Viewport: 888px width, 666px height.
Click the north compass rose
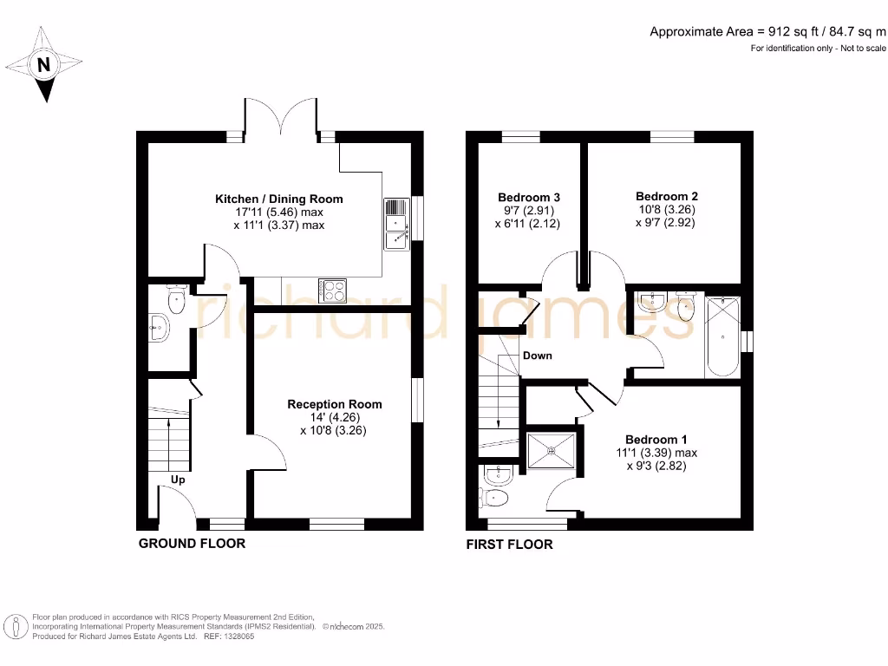(x=42, y=64)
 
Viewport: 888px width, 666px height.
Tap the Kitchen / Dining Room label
(x=278, y=199)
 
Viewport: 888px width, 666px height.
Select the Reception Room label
(x=334, y=404)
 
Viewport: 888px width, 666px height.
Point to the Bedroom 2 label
(x=666, y=196)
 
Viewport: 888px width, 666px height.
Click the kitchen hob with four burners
(x=332, y=290)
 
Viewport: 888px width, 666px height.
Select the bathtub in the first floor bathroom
(x=722, y=336)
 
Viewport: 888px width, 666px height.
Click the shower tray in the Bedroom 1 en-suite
(x=552, y=449)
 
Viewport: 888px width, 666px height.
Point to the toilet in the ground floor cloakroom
(x=176, y=302)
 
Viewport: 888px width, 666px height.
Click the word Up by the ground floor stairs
(x=178, y=480)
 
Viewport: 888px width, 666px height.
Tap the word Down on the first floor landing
(x=537, y=356)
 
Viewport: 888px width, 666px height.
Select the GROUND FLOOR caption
(x=192, y=544)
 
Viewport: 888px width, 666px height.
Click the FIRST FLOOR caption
(x=509, y=545)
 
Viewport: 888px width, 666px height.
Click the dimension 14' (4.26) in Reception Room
(x=334, y=417)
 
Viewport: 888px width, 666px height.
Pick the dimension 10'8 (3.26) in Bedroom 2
(x=666, y=209)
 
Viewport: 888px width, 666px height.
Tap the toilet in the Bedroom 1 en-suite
(x=495, y=497)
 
